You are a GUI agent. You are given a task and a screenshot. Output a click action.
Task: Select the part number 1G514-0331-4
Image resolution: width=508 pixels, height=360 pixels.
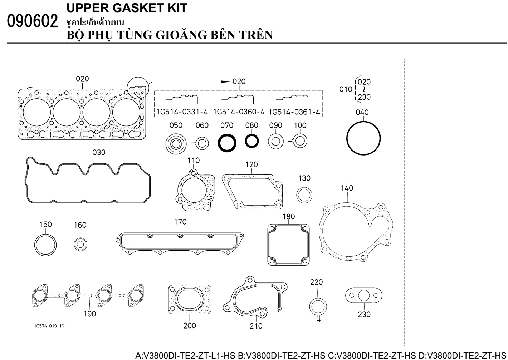(182, 112)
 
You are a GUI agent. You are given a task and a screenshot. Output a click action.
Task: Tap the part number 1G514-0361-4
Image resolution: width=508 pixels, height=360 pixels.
(294, 112)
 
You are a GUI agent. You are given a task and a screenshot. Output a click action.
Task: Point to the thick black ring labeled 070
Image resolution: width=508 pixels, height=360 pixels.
(227, 143)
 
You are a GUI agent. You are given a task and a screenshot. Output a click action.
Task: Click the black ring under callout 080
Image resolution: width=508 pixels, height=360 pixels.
(252, 141)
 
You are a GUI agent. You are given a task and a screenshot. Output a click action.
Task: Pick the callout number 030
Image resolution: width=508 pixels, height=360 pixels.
(99, 152)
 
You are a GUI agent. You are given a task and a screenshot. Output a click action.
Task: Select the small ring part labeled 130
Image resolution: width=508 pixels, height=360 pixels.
(304, 195)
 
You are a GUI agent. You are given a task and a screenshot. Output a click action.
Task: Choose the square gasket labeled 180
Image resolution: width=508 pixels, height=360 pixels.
(288, 245)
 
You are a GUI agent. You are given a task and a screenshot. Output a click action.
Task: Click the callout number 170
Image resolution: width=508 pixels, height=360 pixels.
(180, 222)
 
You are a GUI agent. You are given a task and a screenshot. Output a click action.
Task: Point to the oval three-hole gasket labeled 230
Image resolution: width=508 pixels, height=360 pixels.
(363, 295)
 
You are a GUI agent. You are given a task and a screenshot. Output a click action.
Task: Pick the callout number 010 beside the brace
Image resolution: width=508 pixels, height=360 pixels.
(346, 89)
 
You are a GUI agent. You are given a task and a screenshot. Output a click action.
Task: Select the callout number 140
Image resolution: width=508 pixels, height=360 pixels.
(347, 188)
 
